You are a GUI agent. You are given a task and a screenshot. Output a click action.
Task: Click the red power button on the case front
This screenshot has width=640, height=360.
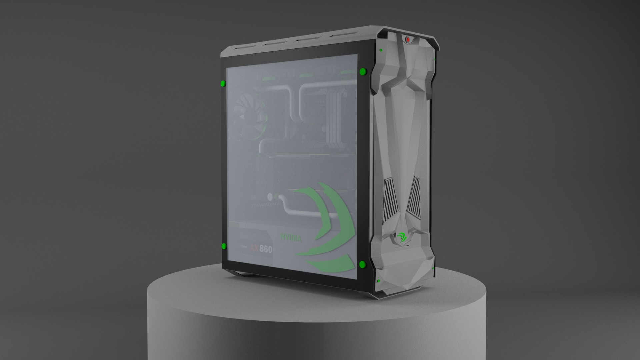(407, 39)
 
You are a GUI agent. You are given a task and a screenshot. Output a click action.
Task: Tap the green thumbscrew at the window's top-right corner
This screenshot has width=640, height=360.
(363, 71)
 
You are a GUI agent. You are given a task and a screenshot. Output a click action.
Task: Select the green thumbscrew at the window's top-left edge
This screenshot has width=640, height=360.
(223, 83)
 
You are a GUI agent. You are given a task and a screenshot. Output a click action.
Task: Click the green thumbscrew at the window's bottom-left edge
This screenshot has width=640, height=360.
(224, 246)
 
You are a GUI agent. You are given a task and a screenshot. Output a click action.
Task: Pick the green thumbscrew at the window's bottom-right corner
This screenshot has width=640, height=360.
(362, 265)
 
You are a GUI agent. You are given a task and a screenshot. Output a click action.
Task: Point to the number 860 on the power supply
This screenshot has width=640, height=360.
(266, 249)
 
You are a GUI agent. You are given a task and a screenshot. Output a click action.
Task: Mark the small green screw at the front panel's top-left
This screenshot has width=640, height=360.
(381, 50)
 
